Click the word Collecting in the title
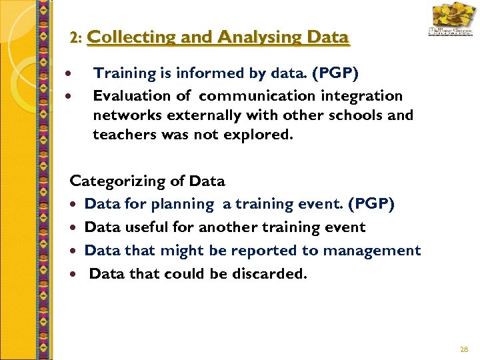(x=119, y=37)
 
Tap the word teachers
(x=121, y=135)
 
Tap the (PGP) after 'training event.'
(x=372, y=204)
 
